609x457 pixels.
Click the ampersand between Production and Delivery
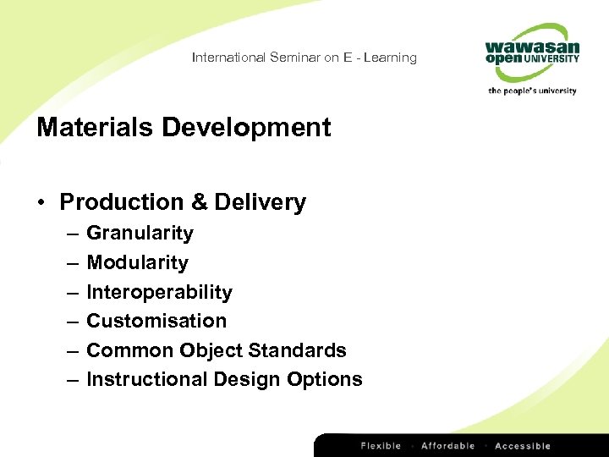coord(200,202)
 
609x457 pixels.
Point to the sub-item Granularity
coord(140,233)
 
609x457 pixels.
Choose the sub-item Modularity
coord(137,262)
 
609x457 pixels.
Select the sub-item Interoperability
coord(159,292)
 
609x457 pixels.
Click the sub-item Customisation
coord(156,321)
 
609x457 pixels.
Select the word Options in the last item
coord(325,379)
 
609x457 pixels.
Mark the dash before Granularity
coord(69,234)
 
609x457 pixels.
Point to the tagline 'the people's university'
coord(531,91)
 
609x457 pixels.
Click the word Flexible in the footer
coord(381,446)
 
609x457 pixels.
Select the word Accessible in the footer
coord(522,446)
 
